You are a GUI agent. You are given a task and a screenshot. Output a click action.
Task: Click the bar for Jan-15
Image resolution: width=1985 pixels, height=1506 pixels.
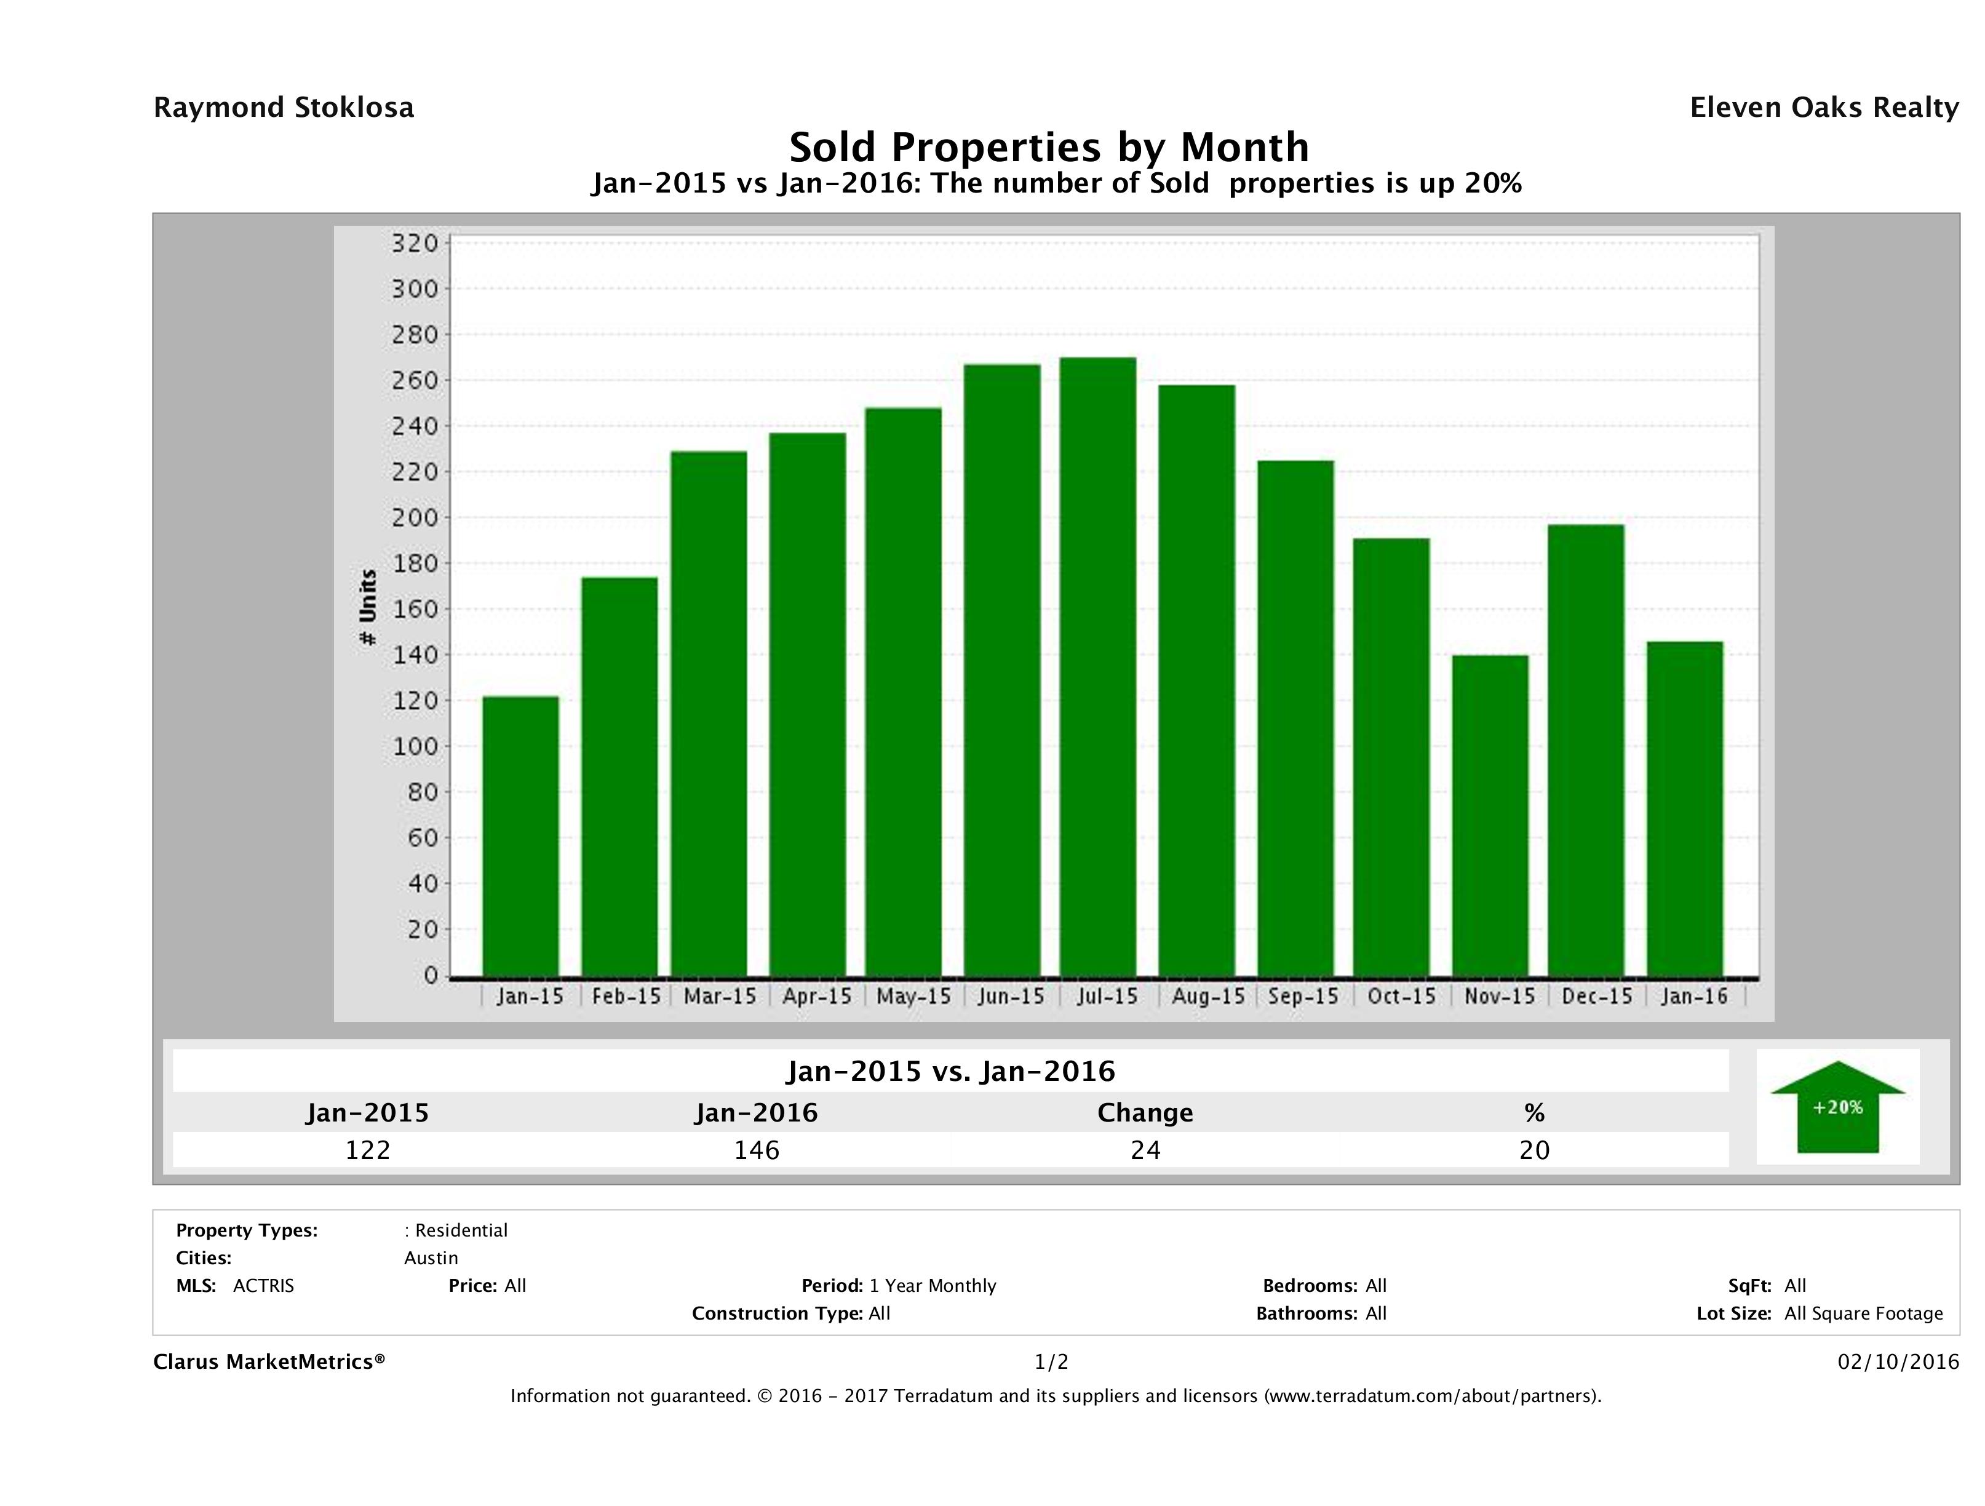pos(520,837)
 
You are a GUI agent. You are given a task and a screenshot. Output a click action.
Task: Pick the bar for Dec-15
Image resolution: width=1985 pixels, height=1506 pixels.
pos(1586,751)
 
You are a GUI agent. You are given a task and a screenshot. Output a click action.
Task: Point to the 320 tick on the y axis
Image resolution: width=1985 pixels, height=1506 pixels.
pos(415,243)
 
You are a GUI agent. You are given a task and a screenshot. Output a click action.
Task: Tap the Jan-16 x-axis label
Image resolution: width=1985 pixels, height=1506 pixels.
pos(1693,996)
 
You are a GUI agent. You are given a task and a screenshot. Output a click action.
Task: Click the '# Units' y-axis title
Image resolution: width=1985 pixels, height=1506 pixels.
pos(367,608)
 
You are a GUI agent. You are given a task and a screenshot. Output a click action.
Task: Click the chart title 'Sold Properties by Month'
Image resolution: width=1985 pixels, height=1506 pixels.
pos(1049,146)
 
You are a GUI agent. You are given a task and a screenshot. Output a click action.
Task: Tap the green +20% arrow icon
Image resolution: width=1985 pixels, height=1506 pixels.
pos(1837,1107)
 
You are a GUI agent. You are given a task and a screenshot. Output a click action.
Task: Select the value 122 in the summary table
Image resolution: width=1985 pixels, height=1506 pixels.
pos(368,1150)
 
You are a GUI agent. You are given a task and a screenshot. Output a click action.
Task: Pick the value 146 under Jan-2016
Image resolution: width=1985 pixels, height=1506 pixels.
pos(757,1150)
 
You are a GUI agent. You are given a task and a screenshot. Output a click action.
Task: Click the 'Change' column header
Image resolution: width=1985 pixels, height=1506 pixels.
pos(1145,1113)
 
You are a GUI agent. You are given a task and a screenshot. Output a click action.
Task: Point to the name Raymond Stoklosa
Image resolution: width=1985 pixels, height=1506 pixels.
pos(284,108)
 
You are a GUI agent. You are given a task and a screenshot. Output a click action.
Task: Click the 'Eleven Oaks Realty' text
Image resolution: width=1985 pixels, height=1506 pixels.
pos(1823,108)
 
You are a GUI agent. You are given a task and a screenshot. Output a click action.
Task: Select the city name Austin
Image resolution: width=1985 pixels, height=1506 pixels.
pos(431,1258)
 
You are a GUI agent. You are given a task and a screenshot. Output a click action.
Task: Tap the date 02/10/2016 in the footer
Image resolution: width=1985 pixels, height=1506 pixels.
pos(1898,1363)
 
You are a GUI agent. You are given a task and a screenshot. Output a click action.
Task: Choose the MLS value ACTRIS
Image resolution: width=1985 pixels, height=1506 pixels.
pos(263,1286)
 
